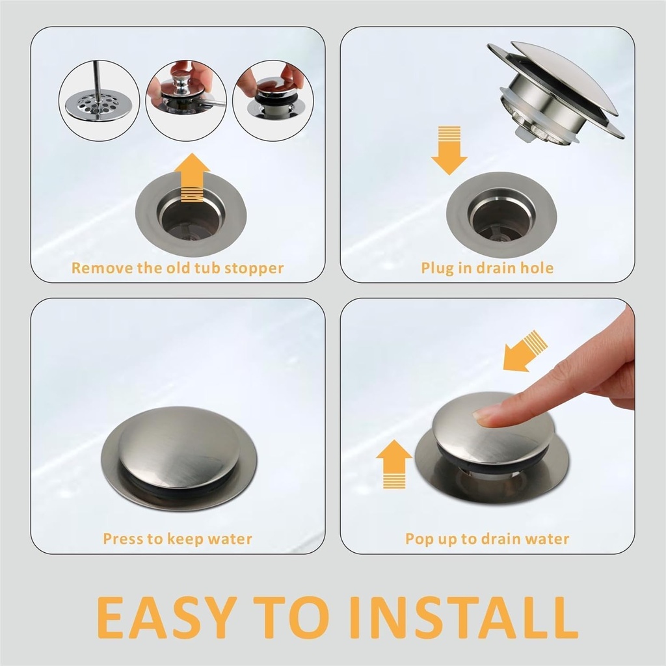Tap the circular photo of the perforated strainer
pos(99,100)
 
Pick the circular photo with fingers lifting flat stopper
pos(273,100)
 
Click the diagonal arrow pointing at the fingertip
pos(525,351)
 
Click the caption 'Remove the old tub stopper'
pos(178,268)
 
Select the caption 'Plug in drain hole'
pos(487,268)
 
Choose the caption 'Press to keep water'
pos(178,539)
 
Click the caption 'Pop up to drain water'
pos(487,539)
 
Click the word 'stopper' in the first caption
pos(254,268)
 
